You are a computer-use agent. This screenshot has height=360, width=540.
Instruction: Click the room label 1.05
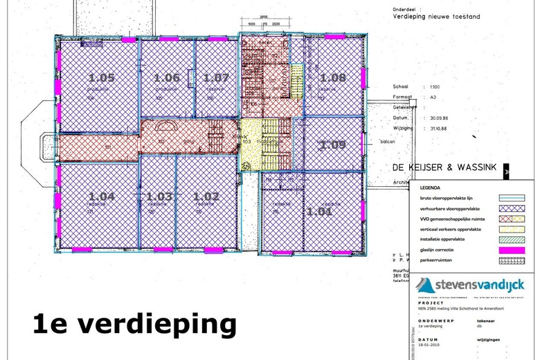[x=102, y=78]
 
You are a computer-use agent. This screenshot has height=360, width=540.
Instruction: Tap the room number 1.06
[x=167, y=78]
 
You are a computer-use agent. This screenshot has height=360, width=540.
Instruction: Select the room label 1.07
[x=216, y=78]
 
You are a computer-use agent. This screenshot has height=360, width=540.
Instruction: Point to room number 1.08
[x=333, y=78]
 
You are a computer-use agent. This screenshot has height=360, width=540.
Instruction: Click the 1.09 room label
[x=333, y=145]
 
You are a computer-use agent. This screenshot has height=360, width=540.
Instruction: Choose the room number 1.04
[x=102, y=197]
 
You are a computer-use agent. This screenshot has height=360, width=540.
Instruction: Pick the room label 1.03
[x=159, y=197]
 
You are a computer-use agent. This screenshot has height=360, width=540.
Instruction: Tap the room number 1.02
[x=206, y=197]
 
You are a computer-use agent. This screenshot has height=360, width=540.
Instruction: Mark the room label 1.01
[x=320, y=212]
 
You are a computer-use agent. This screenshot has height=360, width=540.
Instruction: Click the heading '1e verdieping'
[x=134, y=324]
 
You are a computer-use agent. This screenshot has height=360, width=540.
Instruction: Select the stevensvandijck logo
[x=471, y=285]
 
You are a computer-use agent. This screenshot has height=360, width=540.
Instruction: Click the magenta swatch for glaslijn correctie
[x=511, y=250]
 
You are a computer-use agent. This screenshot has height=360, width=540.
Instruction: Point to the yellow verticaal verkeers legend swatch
[x=511, y=228]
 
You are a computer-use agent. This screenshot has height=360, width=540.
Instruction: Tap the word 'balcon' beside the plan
[x=387, y=142]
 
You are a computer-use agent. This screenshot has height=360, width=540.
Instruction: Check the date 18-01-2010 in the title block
[x=430, y=352]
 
